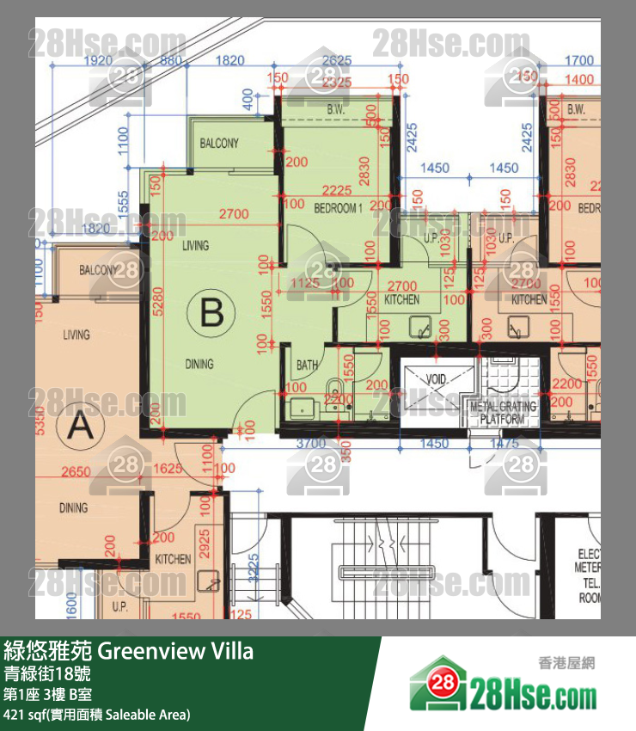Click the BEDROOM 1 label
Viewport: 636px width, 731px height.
[x=338, y=208]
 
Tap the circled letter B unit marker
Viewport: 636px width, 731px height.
[x=211, y=314]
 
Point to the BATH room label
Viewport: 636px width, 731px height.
[x=307, y=365]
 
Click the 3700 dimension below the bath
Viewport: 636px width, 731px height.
[x=309, y=444]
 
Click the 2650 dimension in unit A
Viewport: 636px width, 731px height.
[x=76, y=471]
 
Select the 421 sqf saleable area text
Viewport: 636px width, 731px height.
[x=96, y=715]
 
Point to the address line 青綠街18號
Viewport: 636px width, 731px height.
[x=52, y=673]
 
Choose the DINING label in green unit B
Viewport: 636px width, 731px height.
[x=199, y=365]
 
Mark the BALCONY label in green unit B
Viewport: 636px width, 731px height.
[x=219, y=144]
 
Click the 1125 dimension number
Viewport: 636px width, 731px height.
[x=304, y=282]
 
